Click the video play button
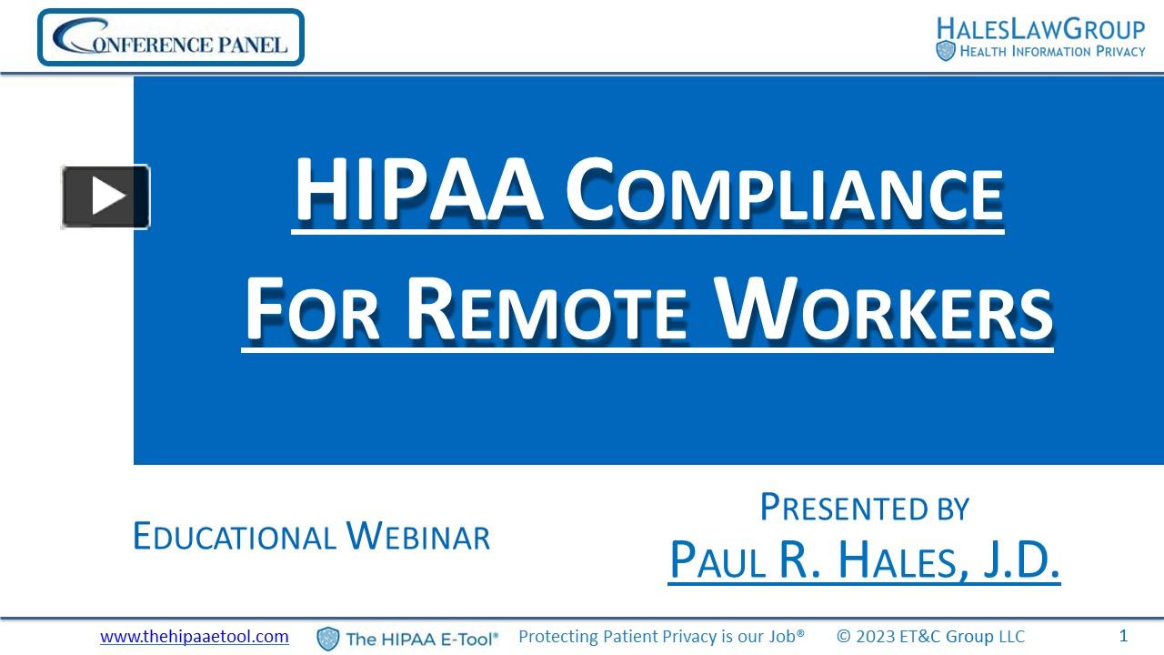(x=105, y=196)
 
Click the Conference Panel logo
(x=171, y=38)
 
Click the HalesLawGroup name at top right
(x=1040, y=28)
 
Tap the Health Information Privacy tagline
(x=1052, y=52)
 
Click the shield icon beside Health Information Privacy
(x=946, y=51)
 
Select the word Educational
(x=235, y=537)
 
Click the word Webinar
(x=418, y=537)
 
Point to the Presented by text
(x=864, y=508)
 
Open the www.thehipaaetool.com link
(x=195, y=637)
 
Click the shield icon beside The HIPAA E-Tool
(x=327, y=639)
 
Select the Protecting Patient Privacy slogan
(x=661, y=637)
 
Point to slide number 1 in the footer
(x=1123, y=636)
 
